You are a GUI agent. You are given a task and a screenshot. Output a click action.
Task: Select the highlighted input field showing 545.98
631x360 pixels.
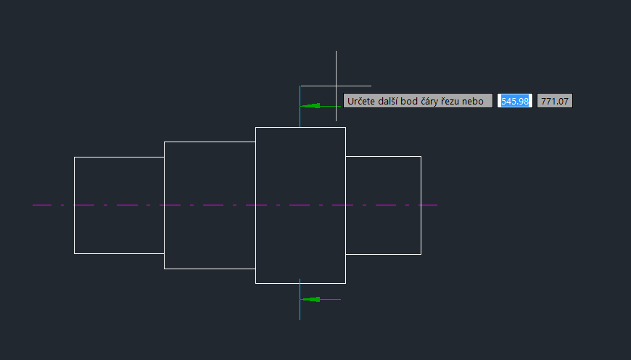click(515, 101)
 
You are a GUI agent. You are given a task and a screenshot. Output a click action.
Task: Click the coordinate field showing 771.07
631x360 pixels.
click(555, 101)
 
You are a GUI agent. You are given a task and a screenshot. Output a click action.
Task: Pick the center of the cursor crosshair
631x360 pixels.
click(336, 86)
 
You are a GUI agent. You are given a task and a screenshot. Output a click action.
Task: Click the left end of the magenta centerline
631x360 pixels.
click(33, 205)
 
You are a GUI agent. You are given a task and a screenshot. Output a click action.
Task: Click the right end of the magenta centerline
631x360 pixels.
click(437, 205)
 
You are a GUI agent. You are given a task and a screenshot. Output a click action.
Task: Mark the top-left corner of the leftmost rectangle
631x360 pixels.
click(74, 157)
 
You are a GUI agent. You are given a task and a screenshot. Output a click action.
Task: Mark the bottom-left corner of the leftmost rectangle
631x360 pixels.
click(74, 253)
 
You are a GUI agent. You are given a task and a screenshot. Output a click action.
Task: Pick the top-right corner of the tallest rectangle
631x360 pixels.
click(345, 127)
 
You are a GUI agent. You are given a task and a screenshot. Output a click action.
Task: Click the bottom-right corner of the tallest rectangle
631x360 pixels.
click(345, 283)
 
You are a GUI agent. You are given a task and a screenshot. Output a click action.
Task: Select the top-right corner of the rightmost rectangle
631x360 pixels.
click(421, 156)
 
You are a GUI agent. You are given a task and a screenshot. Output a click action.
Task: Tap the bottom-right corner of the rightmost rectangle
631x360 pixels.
click(421, 254)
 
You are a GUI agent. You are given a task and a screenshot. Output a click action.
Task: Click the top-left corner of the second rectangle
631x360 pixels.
click(165, 142)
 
